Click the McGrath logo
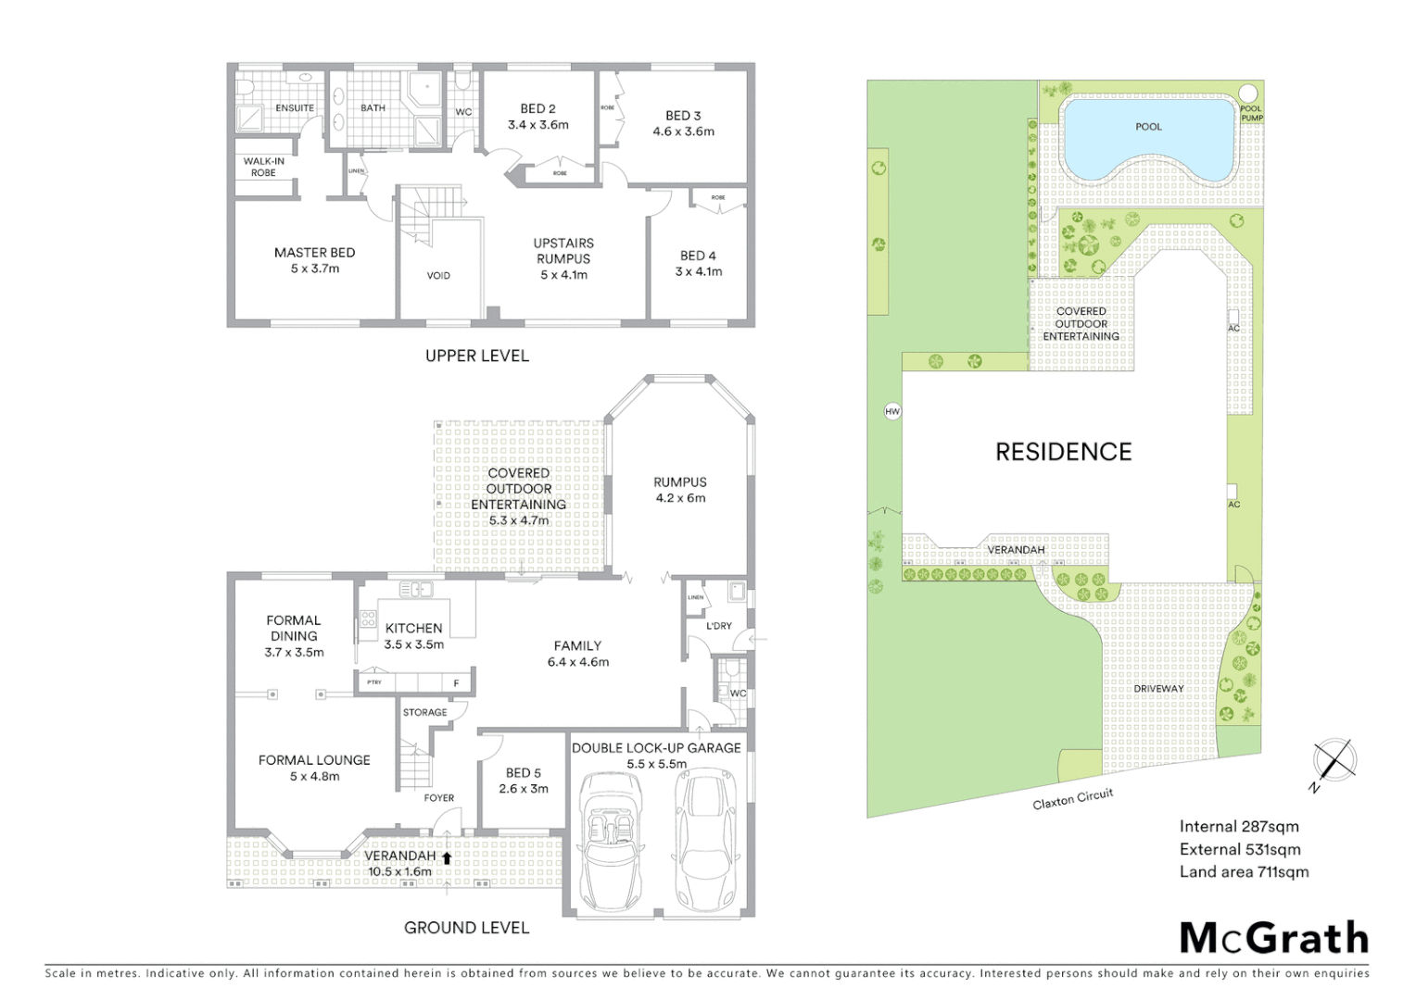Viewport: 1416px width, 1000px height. click(x=1274, y=938)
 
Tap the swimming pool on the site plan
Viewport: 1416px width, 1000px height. click(x=1149, y=139)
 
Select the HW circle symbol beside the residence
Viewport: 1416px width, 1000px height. click(x=892, y=411)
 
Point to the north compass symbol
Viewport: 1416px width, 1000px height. click(x=1334, y=761)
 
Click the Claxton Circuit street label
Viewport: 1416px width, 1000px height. click(x=1072, y=798)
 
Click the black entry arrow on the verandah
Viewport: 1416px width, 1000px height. click(x=447, y=857)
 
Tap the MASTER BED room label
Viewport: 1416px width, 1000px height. click(x=314, y=260)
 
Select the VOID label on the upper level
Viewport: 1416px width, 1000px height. click(x=438, y=275)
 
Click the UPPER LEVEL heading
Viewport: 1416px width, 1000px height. click(x=476, y=356)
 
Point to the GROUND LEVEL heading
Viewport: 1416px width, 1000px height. click(x=466, y=927)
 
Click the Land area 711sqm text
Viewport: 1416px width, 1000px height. click(x=1244, y=871)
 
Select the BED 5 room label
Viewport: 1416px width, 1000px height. click(x=524, y=781)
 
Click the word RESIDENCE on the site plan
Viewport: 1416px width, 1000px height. click(x=1063, y=452)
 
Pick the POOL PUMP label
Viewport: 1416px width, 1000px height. click(x=1251, y=114)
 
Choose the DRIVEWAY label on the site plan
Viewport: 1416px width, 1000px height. click(x=1158, y=689)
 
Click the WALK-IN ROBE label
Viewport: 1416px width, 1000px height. click(x=263, y=167)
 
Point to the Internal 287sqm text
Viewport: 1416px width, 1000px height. click(x=1239, y=827)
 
